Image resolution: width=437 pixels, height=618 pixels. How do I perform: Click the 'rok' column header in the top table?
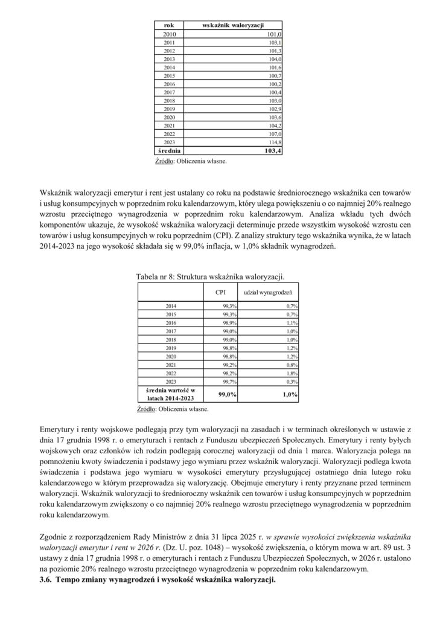point(169,25)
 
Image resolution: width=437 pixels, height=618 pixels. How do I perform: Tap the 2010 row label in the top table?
point(169,34)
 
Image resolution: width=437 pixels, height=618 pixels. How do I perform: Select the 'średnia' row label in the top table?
point(169,150)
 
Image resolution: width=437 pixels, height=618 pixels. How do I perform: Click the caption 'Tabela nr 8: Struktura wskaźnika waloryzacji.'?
point(210,276)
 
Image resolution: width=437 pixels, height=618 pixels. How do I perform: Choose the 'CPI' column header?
point(221,292)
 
